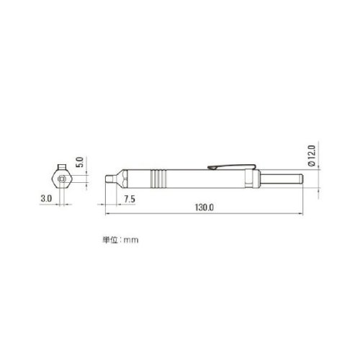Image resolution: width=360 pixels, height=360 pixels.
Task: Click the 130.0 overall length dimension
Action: point(204,207)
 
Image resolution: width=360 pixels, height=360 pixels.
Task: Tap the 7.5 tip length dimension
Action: point(130,199)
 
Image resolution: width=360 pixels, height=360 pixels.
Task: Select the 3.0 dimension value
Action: point(46,199)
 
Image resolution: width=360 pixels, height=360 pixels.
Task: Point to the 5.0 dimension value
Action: point(80,162)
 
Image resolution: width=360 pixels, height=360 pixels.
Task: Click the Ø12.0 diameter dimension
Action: point(311,156)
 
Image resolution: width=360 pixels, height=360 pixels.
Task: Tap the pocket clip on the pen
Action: point(231,166)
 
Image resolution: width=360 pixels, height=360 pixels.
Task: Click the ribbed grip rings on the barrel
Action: point(158,179)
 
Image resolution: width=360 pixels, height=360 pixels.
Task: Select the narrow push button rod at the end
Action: point(282,179)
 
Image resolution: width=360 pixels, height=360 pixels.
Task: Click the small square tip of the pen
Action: point(109,179)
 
